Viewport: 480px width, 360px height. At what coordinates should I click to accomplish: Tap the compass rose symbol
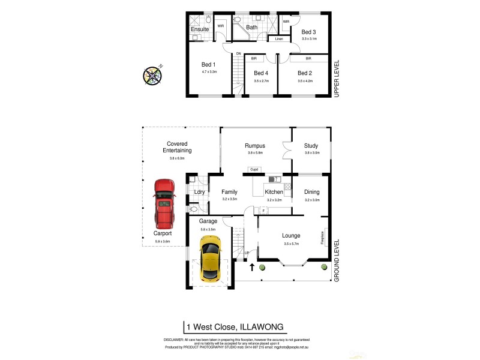(153, 75)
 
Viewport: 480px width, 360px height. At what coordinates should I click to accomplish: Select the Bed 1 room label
(209, 64)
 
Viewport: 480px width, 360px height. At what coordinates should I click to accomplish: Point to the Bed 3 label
(308, 32)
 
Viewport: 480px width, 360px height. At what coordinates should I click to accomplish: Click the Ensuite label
(200, 29)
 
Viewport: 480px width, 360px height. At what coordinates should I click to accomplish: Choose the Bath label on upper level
(251, 27)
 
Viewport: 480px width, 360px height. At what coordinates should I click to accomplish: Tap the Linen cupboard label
(278, 40)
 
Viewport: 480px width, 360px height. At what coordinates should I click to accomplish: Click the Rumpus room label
(255, 146)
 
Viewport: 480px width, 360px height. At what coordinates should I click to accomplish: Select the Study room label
(311, 146)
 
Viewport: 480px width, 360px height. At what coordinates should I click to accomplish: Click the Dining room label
(311, 192)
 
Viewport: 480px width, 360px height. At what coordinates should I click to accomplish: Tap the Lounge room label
(291, 236)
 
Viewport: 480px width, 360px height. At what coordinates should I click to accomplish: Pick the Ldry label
(200, 192)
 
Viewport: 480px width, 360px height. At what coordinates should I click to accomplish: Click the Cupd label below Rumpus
(254, 170)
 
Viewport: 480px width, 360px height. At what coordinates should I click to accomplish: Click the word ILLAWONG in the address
(260, 327)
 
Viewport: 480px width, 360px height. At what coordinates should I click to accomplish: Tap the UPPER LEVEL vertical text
(337, 78)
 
